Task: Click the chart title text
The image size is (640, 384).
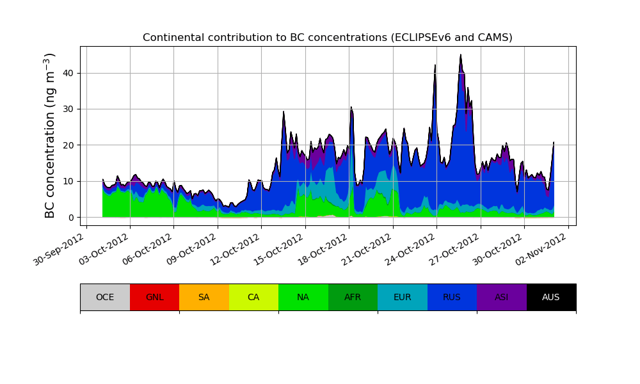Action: [327, 38]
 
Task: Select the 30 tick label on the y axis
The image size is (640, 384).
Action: [68, 109]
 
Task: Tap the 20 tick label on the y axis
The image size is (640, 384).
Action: [68, 145]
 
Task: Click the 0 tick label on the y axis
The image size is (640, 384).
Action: [70, 218]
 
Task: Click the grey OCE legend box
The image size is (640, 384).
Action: [105, 297]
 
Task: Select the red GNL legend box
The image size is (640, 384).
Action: [154, 297]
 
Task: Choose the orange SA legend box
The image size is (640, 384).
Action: [204, 297]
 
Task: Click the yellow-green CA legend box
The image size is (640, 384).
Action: [253, 297]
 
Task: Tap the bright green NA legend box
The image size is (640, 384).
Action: [303, 297]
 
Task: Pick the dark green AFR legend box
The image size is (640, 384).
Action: [353, 297]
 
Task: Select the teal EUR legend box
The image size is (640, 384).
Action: [403, 297]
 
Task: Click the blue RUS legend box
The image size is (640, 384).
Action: [452, 297]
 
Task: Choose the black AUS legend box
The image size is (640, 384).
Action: [551, 297]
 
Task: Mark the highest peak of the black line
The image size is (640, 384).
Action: [461, 55]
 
